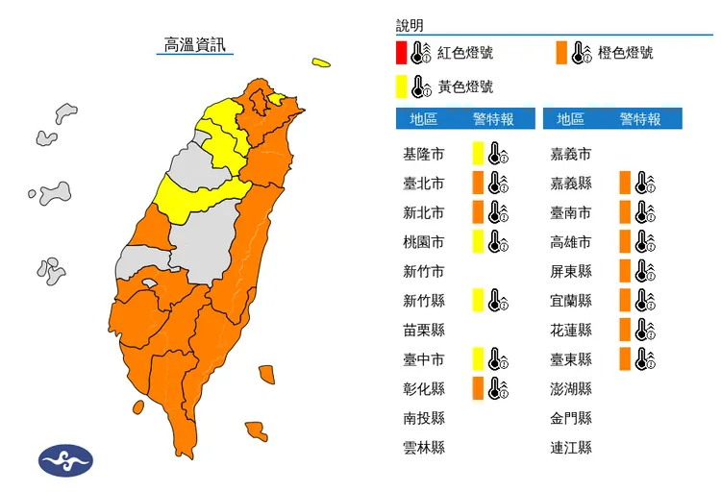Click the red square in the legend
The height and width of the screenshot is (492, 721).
click(401, 53)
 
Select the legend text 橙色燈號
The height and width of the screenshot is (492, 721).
click(625, 53)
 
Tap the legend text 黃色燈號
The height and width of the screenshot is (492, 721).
click(465, 86)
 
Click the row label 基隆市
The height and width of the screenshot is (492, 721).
click(424, 154)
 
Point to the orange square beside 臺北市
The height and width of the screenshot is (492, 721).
click(477, 183)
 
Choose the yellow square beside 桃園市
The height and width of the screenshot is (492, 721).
click(477, 241)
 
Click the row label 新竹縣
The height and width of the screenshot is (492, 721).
click(424, 301)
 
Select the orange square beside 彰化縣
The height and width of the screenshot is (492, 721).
click(477, 388)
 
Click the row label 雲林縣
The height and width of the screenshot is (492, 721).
click(424, 448)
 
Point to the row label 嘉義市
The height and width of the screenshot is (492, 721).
click(571, 154)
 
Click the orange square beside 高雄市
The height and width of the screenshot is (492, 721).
click(625, 241)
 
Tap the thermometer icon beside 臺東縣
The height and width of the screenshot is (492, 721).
click(645, 359)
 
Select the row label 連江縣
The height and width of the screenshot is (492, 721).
click(571, 448)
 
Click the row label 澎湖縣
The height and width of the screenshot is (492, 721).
click(571, 389)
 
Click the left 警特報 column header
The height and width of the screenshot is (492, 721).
click(493, 119)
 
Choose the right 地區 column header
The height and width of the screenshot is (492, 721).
click(570, 119)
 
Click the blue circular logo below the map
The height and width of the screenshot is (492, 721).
click(65, 459)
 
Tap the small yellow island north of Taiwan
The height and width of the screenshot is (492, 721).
click(320, 63)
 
